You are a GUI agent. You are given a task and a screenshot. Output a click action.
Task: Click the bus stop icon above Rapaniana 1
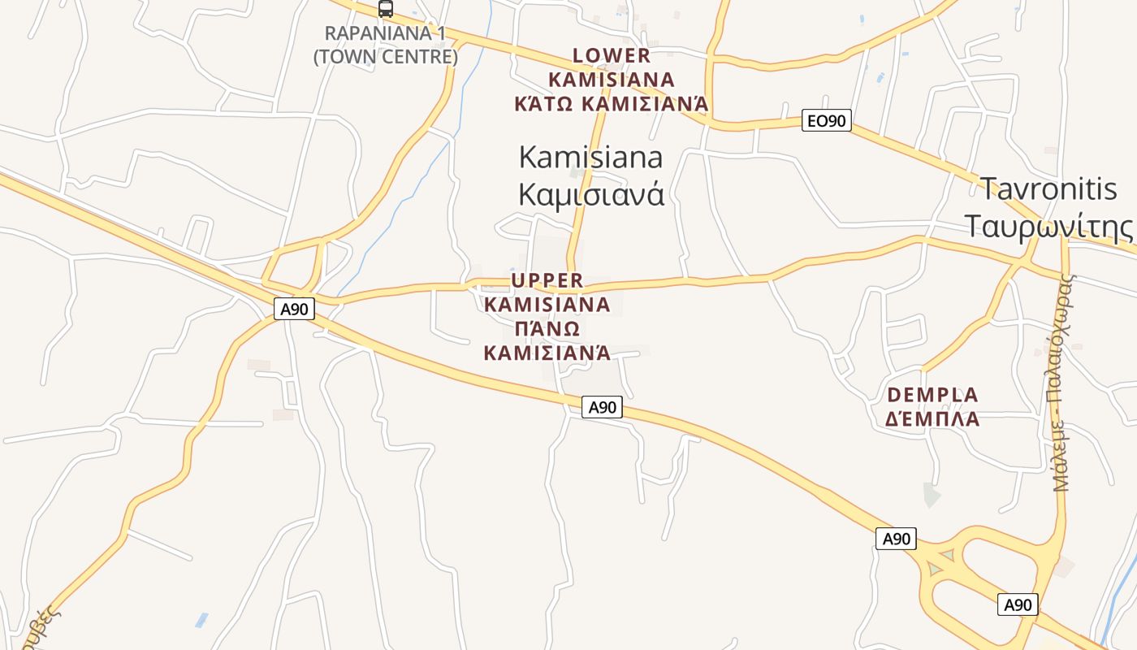coord(386,9)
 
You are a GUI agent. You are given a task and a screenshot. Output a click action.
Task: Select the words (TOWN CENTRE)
coord(386,57)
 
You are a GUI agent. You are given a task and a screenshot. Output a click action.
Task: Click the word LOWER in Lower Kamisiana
coord(612,55)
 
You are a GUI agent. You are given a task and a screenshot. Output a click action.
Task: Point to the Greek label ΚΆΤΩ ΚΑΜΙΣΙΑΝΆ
coord(612,104)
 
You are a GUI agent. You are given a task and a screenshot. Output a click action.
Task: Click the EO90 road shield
coord(826,121)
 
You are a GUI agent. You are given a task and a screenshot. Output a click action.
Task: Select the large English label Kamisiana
coord(590,157)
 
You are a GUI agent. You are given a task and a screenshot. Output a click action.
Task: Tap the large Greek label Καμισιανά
coord(590,194)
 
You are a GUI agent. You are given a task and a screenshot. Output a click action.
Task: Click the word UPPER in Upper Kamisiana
coord(547,280)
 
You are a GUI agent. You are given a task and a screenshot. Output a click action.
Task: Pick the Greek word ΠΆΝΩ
coord(547,329)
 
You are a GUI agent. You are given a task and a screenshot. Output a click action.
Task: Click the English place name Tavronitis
coord(1048,188)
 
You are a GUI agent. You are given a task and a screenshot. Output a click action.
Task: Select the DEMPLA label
coord(932,395)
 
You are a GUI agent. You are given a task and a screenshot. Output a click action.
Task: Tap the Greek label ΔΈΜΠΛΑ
coord(932,419)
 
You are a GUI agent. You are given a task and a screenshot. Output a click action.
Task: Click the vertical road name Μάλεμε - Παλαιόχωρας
coord(1063,382)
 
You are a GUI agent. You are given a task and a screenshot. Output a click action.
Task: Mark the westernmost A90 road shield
coord(294,309)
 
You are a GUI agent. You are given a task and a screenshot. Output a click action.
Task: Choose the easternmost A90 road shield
coord(1018,604)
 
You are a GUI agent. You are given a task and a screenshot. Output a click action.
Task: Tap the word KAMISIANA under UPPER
coord(547,305)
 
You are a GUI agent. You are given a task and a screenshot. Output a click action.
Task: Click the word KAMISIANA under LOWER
coord(612,80)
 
